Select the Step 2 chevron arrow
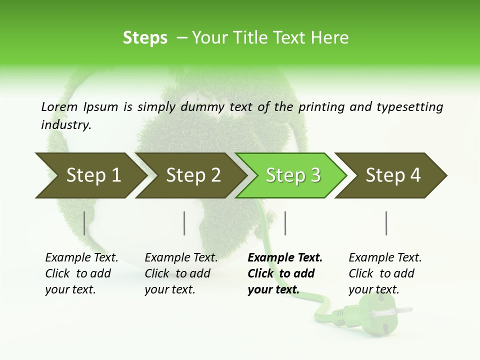192,175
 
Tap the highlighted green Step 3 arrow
292,175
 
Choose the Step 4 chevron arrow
392,175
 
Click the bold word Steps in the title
145,38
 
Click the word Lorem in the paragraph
59,106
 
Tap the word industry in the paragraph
65,124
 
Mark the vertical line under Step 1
84,223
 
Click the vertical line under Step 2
184,223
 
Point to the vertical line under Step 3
285,223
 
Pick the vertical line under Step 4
386,223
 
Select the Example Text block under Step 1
81,273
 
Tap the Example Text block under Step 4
384,273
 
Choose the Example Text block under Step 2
180,273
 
